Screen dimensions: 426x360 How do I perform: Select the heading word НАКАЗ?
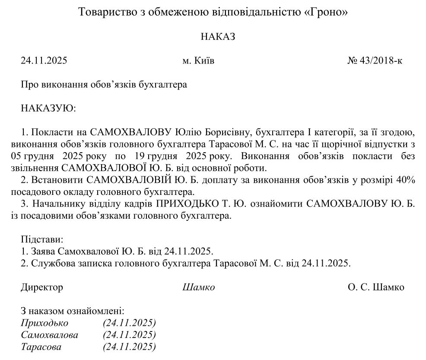pos(218,37)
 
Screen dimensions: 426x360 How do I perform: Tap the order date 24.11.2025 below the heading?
pos(44,61)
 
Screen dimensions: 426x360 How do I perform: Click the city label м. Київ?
pos(198,61)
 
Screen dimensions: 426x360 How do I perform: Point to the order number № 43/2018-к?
pos(375,61)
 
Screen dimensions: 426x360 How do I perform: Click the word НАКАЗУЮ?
pos(48,108)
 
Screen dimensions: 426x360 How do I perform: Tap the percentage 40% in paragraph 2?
pos(406,180)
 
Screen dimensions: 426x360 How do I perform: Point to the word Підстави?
pos(42,239)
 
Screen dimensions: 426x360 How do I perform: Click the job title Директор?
pos(41,287)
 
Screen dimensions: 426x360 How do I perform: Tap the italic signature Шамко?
pos(199,287)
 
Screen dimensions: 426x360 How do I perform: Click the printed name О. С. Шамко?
pos(376,287)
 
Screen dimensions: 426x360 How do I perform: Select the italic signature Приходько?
pos(45,323)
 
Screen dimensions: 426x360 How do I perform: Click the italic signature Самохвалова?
pos(50,335)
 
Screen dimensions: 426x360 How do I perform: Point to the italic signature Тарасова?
pos(41,347)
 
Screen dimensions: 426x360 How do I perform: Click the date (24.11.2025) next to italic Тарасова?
pos(129,347)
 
